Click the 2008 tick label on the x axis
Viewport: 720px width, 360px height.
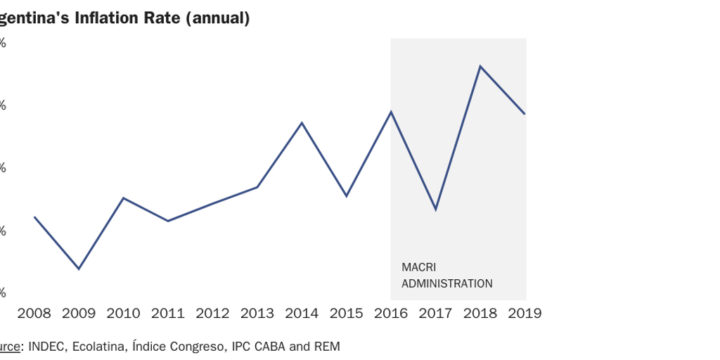[34, 313]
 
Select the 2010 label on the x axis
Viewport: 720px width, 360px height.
[123, 313]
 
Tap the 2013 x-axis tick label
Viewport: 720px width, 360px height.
[257, 313]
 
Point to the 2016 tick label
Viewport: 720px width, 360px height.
[391, 313]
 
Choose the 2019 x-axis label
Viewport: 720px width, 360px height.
[525, 313]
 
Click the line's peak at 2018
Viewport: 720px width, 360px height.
[480, 66]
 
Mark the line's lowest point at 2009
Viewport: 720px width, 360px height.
[79, 269]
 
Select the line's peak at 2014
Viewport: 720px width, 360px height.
[302, 123]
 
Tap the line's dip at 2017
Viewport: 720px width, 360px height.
[436, 210]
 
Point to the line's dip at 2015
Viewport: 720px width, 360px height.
[347, 196]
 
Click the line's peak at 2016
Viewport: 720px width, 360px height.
[391, 112]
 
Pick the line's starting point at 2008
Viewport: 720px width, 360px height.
[34, 217]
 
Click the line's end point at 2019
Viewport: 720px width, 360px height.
[525, 114]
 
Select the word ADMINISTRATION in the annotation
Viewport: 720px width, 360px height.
[446, 284]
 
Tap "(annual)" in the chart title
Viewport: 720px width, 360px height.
[218, 18]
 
